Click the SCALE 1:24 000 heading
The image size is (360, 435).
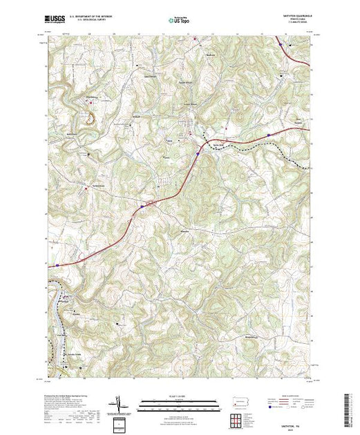[180, 398]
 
